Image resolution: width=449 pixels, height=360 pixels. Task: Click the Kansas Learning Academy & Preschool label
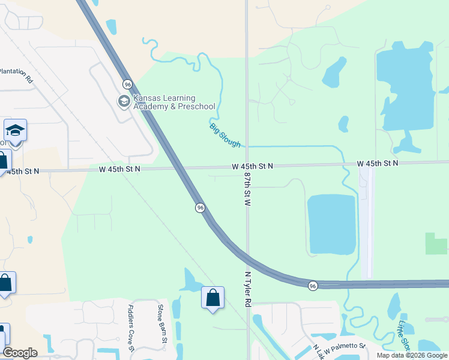(x=174, y=103)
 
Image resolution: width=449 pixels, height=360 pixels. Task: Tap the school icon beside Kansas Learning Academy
(x=124, y=102)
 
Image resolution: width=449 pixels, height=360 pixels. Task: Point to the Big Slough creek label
(x=225, y=135)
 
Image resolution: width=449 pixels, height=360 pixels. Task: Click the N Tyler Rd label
(x=247, y=290)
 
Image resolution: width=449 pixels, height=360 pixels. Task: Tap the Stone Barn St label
(x=160, y=324)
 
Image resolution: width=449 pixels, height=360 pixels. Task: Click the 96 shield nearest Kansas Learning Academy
(x=127, y=84)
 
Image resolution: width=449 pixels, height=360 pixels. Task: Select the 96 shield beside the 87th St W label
(x=200, y=208)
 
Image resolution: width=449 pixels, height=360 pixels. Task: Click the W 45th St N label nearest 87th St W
(x=253, y=166)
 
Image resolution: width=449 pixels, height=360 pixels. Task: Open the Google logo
(x=20, y=353)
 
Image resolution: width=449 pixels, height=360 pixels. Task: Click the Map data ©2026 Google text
(x=412, y=355)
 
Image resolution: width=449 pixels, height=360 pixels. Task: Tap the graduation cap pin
(x=15, y=130)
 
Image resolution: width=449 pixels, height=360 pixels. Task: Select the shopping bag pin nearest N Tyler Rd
(x=212, y=298)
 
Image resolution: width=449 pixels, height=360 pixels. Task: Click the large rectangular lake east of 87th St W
(x=331, y=224)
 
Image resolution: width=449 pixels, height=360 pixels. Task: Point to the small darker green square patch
(x=436, y=243)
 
